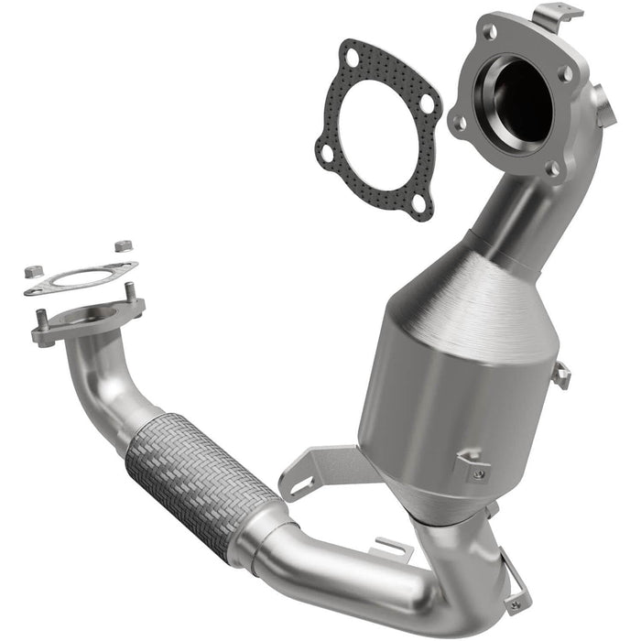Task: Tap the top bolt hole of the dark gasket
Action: click(351, 57)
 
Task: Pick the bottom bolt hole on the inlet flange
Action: click(551, 168)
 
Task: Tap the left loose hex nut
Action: click(31, 271)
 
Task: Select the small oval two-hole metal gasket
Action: click(81, 277)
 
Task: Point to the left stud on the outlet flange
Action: click(42, 320)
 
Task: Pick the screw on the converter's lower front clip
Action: click(477, 473)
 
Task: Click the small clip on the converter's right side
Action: click(560, 374)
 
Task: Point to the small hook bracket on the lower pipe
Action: click(394, 549)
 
